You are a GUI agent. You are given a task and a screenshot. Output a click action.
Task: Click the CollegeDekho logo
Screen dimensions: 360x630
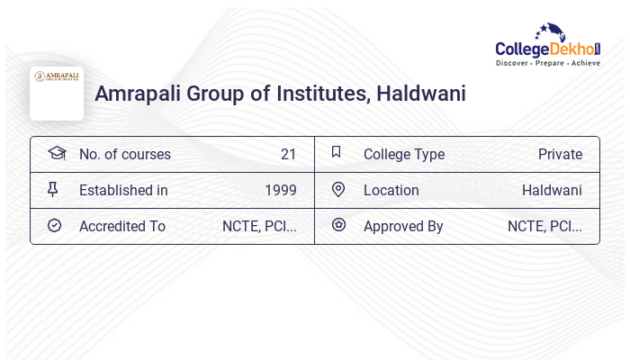pos(548,46)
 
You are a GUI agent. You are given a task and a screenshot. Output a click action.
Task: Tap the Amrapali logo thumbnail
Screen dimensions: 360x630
pos(57,93)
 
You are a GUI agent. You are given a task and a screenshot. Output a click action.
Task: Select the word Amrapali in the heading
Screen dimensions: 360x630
pos(139,93)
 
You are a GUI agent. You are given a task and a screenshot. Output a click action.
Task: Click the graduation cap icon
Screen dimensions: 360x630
pos(56,153)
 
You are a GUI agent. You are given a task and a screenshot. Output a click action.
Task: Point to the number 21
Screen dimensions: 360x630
pos(288,154)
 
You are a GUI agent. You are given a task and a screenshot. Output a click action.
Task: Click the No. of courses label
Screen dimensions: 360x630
pos(125,154)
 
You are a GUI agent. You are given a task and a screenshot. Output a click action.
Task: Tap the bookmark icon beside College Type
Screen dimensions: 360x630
pos(337,152)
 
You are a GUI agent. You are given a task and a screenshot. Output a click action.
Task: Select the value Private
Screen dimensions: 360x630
pos(560,154)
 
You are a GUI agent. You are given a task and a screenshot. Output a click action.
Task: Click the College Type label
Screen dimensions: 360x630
pos(404,154)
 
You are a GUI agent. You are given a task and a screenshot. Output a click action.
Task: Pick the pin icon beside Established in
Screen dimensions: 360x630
pos(53,189)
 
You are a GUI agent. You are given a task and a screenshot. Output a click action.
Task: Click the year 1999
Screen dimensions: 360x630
pos(281,190)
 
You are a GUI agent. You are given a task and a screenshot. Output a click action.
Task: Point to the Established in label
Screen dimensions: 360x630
pos(123,190)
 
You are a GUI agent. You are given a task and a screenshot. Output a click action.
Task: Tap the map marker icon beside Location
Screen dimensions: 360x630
pos(338,189)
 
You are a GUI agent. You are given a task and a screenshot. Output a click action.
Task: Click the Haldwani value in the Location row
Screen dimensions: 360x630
pos(552,190)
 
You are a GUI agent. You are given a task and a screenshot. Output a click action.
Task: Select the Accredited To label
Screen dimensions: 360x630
pos(122,226)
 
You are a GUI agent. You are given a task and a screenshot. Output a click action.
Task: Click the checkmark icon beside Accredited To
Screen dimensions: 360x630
pos(54,225)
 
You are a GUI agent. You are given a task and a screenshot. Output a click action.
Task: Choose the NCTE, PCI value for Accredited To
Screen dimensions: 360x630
pos(259,226)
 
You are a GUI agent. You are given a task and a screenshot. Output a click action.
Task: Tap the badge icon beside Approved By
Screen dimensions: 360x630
pos(338,225)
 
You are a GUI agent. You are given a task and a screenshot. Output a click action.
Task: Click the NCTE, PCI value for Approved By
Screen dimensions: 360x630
pos(544,226)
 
